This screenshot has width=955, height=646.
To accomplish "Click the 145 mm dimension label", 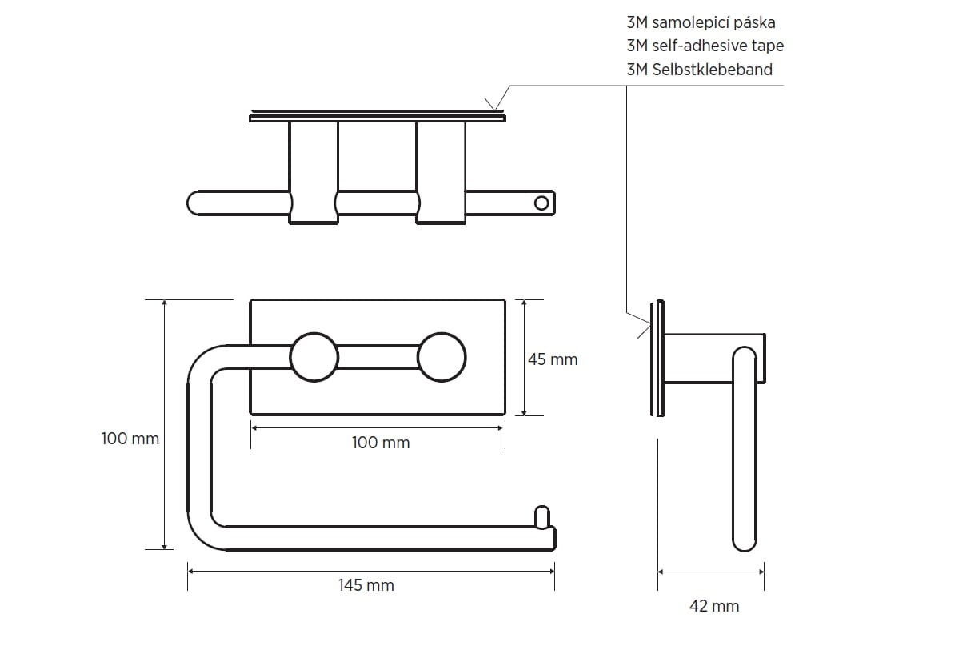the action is (366, 585).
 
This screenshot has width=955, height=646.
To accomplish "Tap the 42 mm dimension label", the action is (714, 606).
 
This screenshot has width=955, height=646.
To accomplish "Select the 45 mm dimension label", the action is (553, 359).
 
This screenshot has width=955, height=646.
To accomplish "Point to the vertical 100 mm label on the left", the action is (130, 438).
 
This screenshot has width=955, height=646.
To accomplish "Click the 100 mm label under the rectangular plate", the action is (381, 443).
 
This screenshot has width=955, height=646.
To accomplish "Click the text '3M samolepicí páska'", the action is (701, 23).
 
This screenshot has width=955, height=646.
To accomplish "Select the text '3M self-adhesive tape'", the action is (705, 46).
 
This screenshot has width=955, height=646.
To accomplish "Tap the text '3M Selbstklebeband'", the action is (700, 70).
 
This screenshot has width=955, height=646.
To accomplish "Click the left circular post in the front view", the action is (314, 358).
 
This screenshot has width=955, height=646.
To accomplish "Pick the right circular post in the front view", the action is (442, 358).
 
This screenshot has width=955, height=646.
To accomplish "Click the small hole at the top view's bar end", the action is (541, 203).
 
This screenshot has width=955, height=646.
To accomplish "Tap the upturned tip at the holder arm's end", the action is (541, 516).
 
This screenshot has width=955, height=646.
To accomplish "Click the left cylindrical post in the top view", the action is (314, 173).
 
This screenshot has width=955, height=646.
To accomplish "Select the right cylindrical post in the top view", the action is (442, 173).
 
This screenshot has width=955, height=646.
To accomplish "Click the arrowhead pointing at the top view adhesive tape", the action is (494, 105).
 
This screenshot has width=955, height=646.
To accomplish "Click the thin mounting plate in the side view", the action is (657, 359).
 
